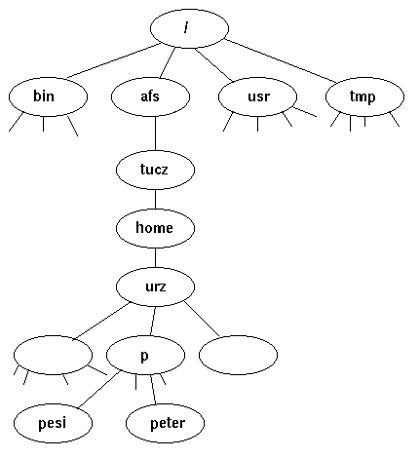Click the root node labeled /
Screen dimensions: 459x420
189,27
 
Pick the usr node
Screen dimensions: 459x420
257,96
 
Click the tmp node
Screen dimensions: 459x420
363,96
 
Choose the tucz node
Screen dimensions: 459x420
155,170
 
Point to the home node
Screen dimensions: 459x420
155,228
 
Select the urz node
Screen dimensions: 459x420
155,286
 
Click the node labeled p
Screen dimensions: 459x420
144,356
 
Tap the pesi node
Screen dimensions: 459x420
53,423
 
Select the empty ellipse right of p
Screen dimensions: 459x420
238,356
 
